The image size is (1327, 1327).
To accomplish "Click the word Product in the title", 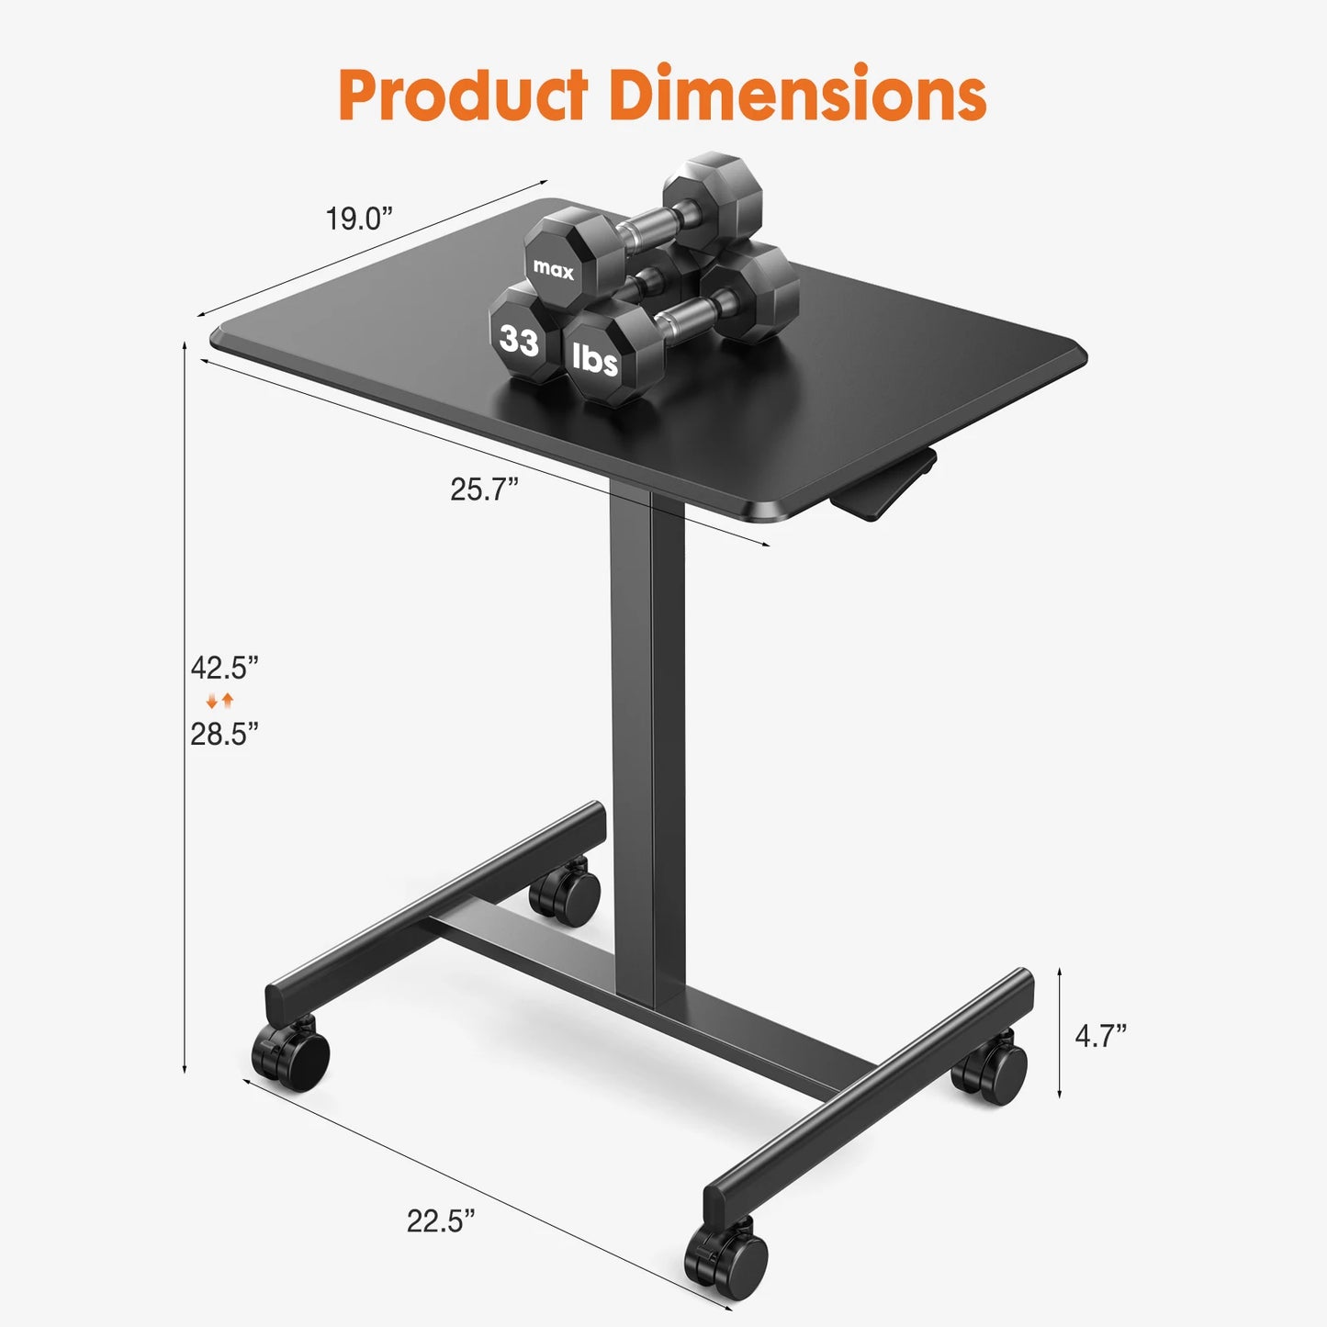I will pos(463,95).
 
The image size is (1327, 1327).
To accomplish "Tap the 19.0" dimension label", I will pos(358,219).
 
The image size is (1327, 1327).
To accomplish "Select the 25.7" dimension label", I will pos(484,489).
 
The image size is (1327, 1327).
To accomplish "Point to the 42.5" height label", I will pos(224,668).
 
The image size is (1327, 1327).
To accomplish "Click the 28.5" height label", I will pos(224,734).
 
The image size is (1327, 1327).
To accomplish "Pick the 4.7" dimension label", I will pos(1100,1036).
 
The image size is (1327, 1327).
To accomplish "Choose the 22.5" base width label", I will pos(441,1220).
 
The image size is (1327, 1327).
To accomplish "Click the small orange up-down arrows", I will pos(220,701).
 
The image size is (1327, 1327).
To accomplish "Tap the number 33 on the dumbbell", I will pos(519,341).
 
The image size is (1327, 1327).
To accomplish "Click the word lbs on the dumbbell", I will pos(595,358).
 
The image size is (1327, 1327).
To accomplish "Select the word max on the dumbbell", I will pos(553,269).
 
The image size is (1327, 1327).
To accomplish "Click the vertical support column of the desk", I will pos(647,735).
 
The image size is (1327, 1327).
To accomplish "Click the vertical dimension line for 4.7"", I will pos(1060,1032).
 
